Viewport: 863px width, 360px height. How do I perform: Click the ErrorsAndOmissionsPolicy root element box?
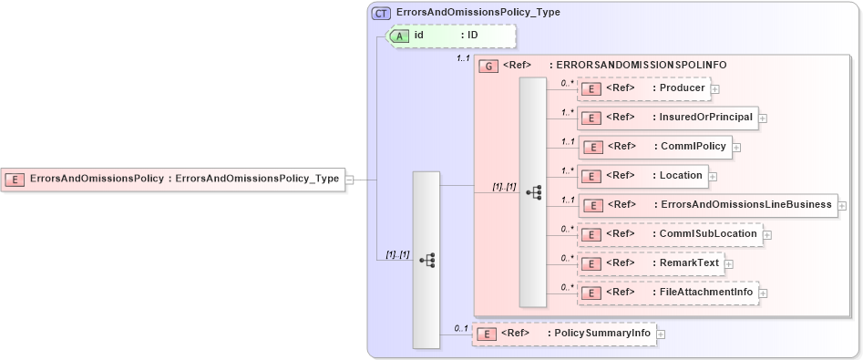tap(173, 180)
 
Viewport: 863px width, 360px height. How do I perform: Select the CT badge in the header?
tap(382, 13)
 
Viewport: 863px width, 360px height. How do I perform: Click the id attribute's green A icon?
tap(400, 36)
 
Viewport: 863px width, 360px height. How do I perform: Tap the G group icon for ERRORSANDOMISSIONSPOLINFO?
tap(488, 67)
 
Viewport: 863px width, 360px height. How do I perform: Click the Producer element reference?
tap(644, 88)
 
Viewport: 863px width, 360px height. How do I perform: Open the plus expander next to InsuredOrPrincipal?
tap(763, 118)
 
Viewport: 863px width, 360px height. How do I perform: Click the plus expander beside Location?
tap(713, 176)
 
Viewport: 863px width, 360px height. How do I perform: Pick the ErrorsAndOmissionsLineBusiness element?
tap(707, 205)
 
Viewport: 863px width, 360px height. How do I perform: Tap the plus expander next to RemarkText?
tap(729, 264)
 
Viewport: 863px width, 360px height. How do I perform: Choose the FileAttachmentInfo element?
tap(668, 293)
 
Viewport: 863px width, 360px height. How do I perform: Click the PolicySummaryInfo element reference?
tap(564, 334)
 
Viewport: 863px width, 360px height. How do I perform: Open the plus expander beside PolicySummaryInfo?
tap(662, 334)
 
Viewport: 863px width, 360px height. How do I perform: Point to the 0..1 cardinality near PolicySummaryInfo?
tap(461, 327)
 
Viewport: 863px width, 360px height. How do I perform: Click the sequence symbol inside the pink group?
tap(534, 191)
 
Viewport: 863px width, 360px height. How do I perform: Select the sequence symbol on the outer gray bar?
tap(426, 261)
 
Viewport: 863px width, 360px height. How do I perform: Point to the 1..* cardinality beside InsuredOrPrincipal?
tap(567, 112)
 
